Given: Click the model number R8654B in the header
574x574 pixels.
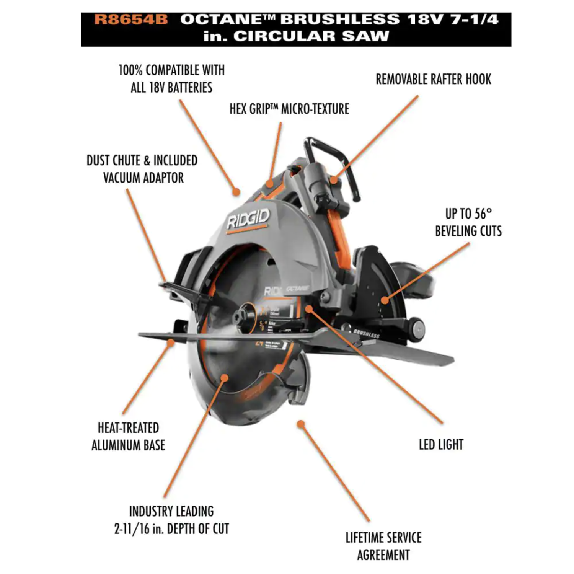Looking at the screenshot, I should [131, 20].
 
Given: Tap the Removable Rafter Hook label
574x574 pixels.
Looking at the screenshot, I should [433, 79].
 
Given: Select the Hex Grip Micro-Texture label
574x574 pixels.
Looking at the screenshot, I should [289, 109].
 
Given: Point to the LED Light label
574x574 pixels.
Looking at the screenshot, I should [441, 445].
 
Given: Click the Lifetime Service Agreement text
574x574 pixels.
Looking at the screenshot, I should [383, 546].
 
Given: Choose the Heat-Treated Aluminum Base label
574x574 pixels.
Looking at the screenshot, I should [128, 436].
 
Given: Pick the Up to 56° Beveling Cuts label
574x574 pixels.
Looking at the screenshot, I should [468, 222].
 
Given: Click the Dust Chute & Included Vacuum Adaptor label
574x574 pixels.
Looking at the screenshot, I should [142, 169].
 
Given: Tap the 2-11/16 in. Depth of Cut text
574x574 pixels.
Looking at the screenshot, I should [171, 529].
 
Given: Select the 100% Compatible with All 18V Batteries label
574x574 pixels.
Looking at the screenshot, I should [171, 79].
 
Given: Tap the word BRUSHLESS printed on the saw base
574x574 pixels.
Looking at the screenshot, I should [366, 333].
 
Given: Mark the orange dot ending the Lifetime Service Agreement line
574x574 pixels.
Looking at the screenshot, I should [301, 424].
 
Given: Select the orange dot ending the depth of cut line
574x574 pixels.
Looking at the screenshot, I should [225, 378].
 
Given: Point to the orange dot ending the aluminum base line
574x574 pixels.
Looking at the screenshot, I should [171, 342].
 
